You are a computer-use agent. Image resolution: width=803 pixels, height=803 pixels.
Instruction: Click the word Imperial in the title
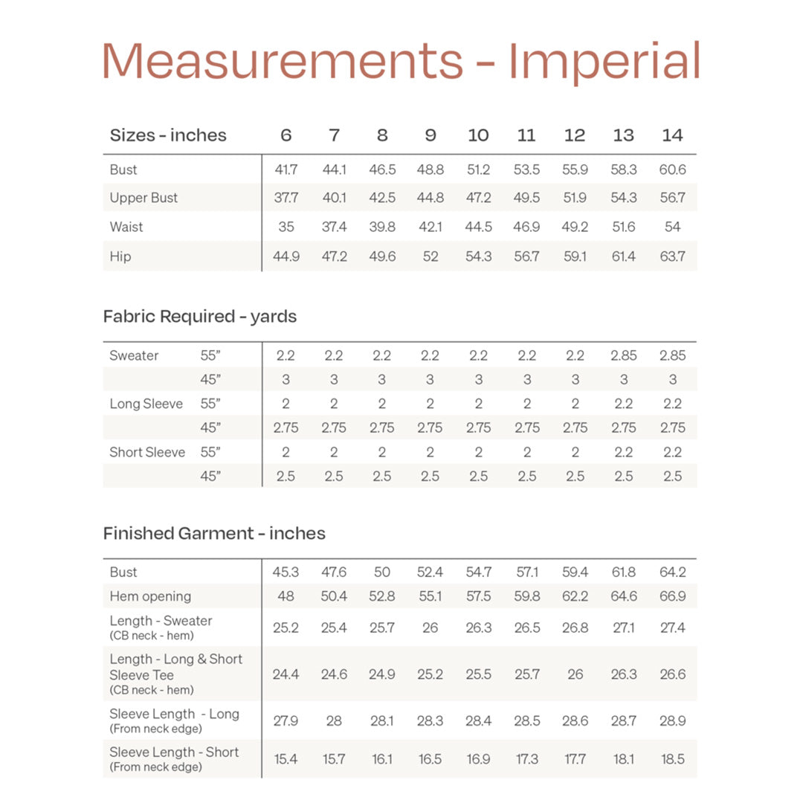[x=604, y=62]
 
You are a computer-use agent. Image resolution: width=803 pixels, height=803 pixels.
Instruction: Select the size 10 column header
[x=478, y=135]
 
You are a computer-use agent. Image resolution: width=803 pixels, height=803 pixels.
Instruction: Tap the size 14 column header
[x=672, y=135]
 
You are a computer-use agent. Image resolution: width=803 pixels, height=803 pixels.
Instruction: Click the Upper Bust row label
[x=143, y=198]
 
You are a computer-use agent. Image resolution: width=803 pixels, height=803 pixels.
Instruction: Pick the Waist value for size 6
[x=286, y=227]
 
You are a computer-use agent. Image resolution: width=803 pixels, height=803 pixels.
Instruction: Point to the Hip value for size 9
[x=430, y=257]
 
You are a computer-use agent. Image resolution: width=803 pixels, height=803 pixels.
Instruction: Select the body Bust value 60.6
[x=672, y=170]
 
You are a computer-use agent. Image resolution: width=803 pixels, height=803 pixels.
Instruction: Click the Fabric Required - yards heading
[x=199, y=316]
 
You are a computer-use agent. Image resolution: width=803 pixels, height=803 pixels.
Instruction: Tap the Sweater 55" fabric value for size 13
[x=623, y=355]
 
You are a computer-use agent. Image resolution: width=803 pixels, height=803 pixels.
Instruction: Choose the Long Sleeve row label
[x=146, y=404]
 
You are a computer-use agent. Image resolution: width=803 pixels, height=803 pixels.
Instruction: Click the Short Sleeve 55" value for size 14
[x=672, y=452]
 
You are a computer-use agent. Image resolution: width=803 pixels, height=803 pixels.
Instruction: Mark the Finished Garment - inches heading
[x=214, y=533]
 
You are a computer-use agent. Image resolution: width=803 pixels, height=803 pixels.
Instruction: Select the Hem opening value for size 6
[x=286, y=596]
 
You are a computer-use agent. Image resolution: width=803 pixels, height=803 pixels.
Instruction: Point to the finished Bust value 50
[x=381, y=572]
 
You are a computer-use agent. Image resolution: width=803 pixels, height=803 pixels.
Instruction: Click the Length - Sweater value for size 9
[x=430, y=628]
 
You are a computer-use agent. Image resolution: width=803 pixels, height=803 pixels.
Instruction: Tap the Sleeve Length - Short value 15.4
[x=286, y=759]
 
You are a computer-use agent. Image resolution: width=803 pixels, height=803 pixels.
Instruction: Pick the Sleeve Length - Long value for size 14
[x=672, y=720]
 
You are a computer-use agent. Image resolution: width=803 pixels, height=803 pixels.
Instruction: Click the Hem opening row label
[x=150, y=596]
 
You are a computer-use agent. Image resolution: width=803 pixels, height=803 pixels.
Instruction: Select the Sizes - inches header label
[x=168, y=135]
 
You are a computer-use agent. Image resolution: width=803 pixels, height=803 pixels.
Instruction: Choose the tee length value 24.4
[x=286, y=674]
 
